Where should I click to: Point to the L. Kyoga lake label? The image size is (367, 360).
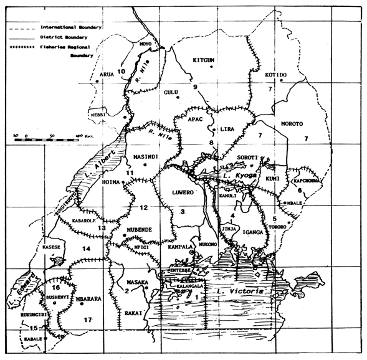(232, 177)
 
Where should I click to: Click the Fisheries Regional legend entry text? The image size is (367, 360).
(69, 47)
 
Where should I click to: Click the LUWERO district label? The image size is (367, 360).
(184, 192)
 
